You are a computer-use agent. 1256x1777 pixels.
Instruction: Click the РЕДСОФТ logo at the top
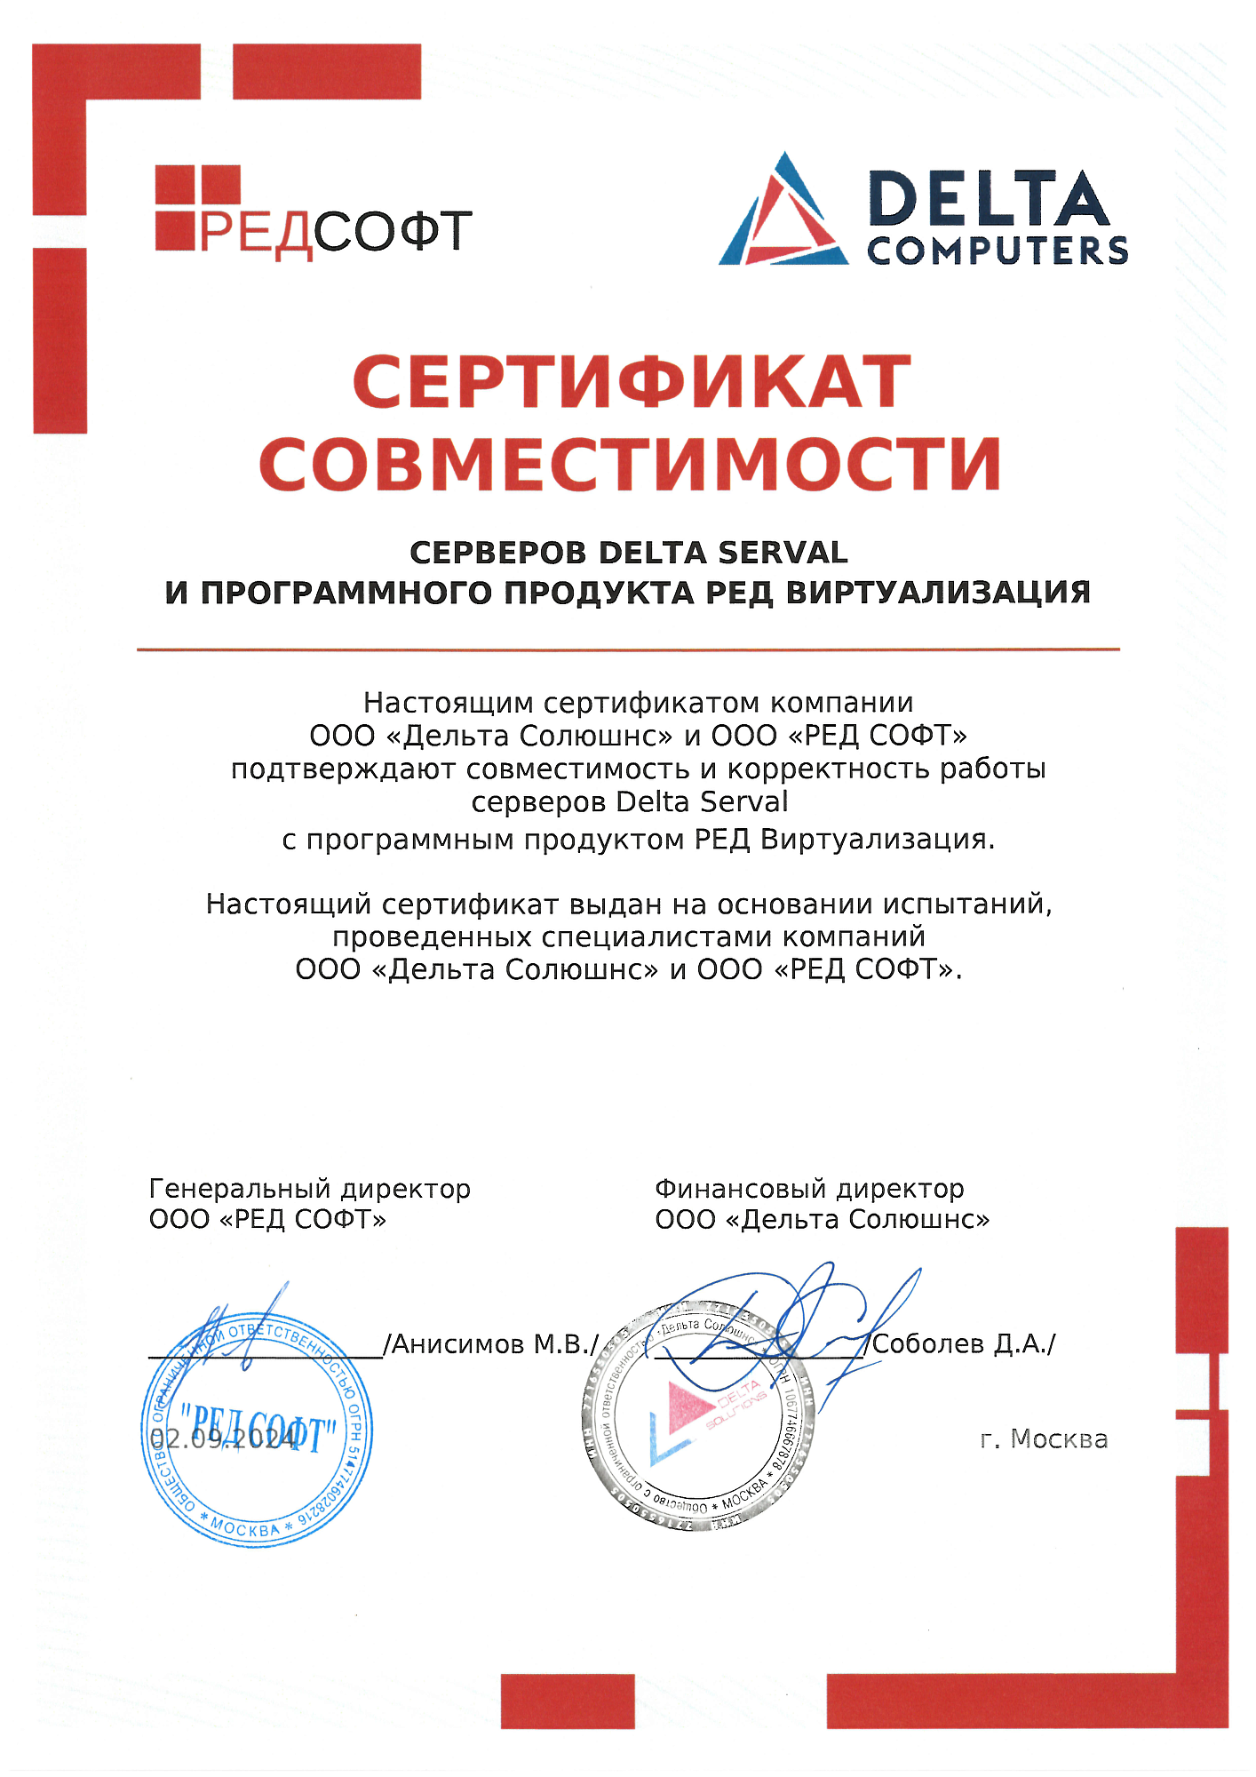click(313, 214)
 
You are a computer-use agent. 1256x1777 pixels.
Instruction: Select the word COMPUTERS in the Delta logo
click(998, 251)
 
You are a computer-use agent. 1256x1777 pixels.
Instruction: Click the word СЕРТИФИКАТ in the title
click(632, 382)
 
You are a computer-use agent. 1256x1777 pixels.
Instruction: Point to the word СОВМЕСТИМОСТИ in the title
click(630, 464)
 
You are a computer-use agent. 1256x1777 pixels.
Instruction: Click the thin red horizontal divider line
click(628, 649)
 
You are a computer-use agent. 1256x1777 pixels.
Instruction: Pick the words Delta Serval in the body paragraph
click(702, 801)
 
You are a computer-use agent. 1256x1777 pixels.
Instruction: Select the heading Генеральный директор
click(310, 1188)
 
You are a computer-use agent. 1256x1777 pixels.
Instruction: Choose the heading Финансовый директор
click(809, 1188)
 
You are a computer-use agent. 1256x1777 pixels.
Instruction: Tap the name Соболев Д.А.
click(964, 1343)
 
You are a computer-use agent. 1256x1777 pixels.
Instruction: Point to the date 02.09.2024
click(223, 1438)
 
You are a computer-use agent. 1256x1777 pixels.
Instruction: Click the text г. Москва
click(1044, 1438)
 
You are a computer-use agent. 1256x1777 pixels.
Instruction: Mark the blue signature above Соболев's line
click(799, 1324)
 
